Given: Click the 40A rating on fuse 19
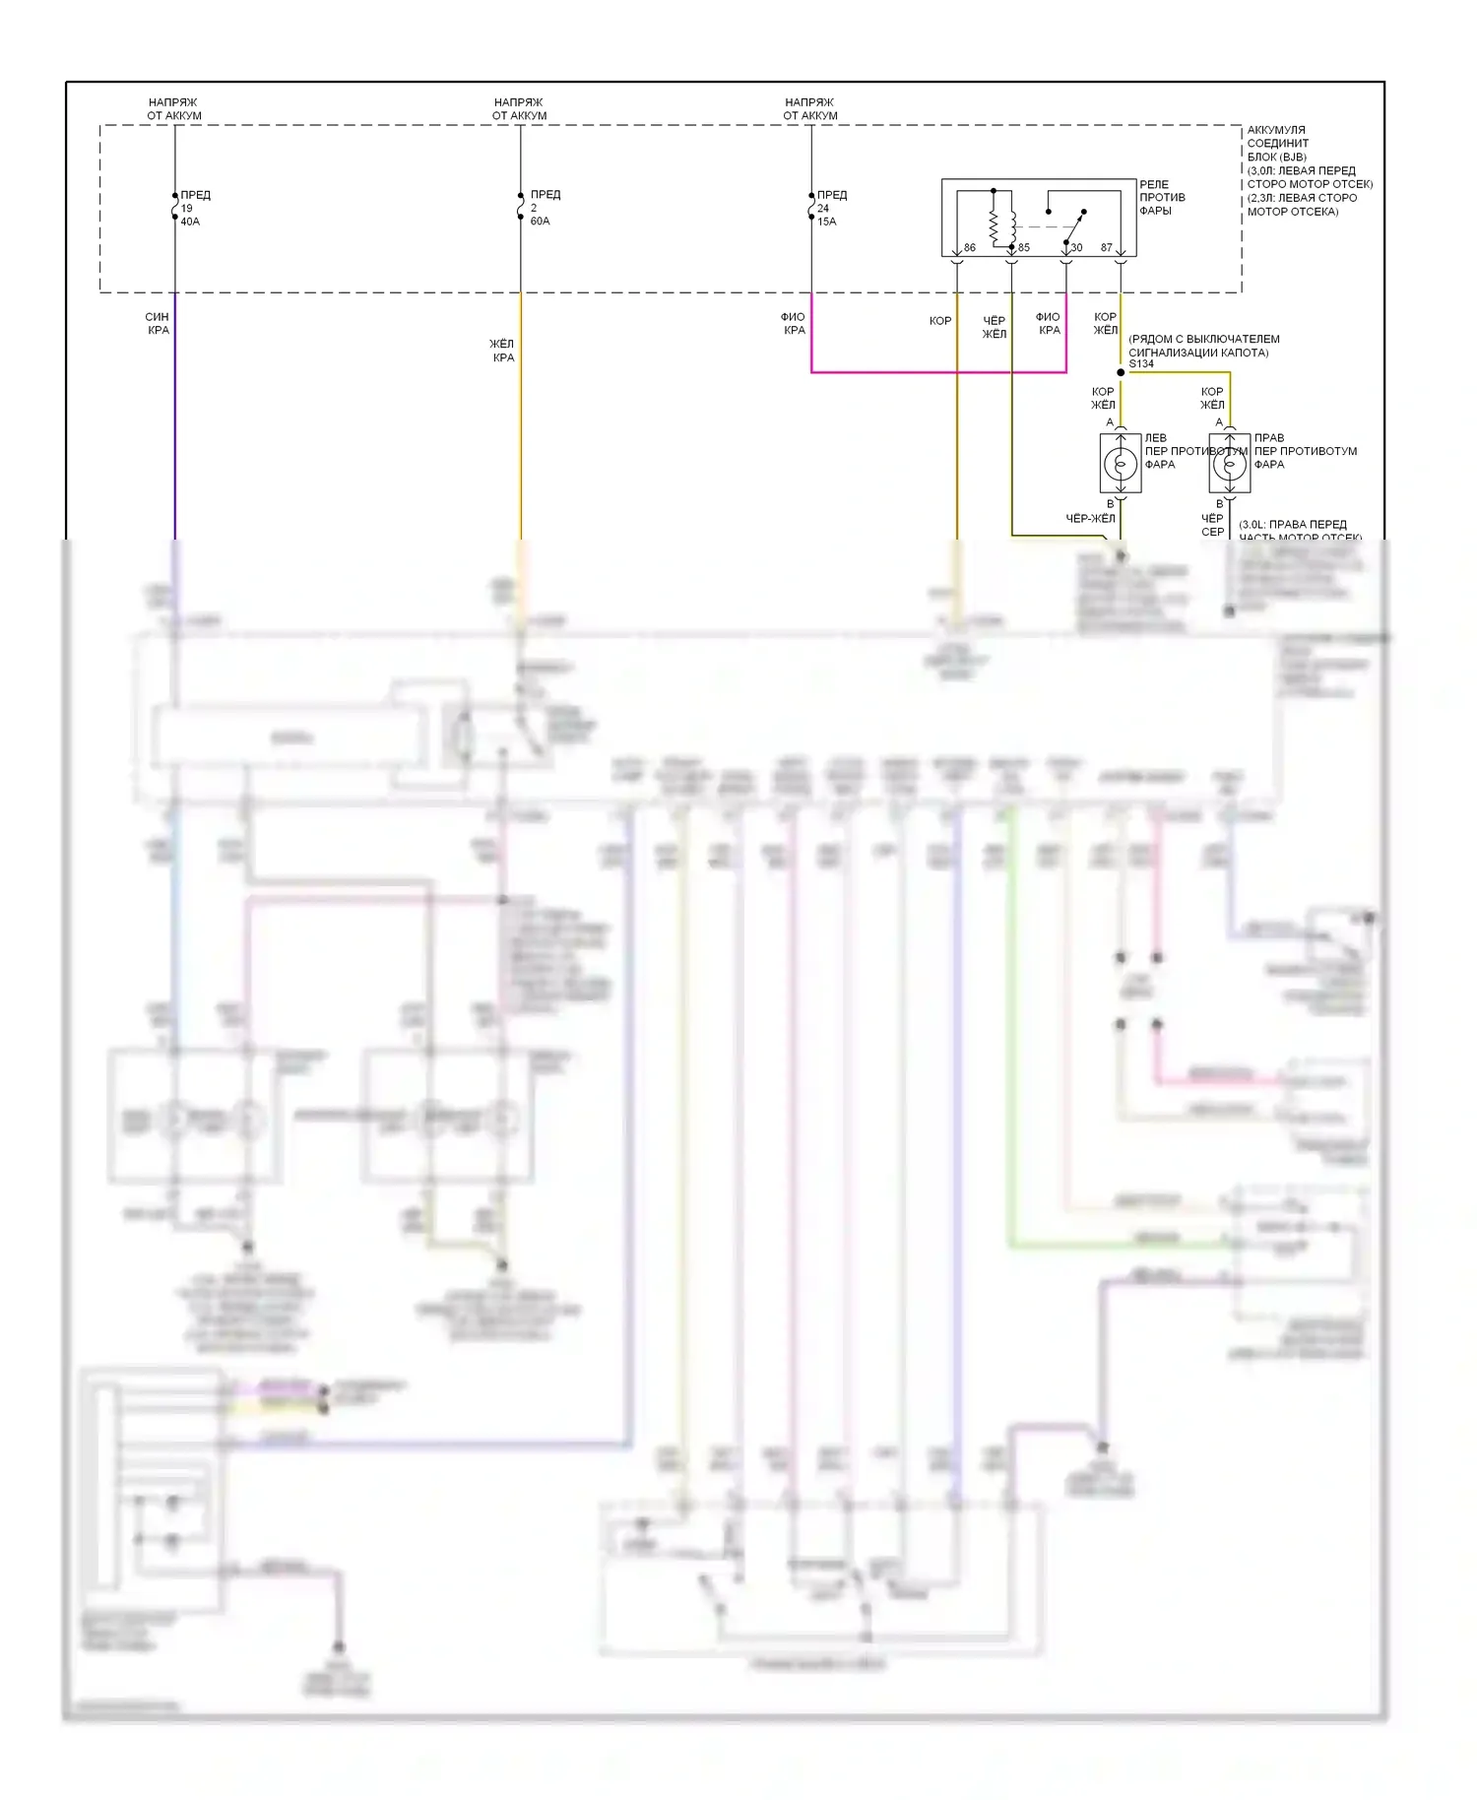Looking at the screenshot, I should pyautogui.click(x=190, y=222).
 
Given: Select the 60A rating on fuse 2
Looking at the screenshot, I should pyautogui.click(x=540, y=221).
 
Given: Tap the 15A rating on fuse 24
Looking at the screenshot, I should pyautogui.click(x=826, y=222).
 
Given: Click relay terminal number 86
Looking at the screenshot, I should pyautogui.click(x=969, y=248).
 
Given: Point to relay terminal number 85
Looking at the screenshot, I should pyautogui.click(x=1024, y=248).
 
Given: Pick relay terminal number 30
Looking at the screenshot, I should pyautogui.click(x=1076, y=248).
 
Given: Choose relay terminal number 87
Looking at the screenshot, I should pyautogui.click(x=1106, y=248).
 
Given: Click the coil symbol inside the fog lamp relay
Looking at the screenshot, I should pyautogui.click(x=995, y=226).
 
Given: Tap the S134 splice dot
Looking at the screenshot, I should pyautogui.click(x=1121, y=372).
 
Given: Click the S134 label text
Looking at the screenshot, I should pyautogui.click(x=1141, y=364).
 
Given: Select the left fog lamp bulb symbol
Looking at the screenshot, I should pyautogui.click(x=1121, y=463).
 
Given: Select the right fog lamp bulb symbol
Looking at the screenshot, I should pyautogui.click(x=1230, y=463).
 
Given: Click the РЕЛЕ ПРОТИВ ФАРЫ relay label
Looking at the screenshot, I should pyautogui.click(x=1162, y=197).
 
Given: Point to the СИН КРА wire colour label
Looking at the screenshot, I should pyautogui.click(x=158, y=323).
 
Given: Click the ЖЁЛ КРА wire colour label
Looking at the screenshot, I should pyautogui.click(x=502, y=351).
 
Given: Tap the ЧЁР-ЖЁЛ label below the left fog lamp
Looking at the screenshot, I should pyautogui.click(x=1090, y=519).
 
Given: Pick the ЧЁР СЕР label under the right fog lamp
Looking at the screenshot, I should pyautogui.click(x=1212, y=525).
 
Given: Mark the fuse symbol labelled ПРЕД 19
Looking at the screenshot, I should pyautogui.click(x=175, y=207).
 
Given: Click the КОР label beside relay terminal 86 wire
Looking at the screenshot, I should pyautogui.click(x=940, y=321).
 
